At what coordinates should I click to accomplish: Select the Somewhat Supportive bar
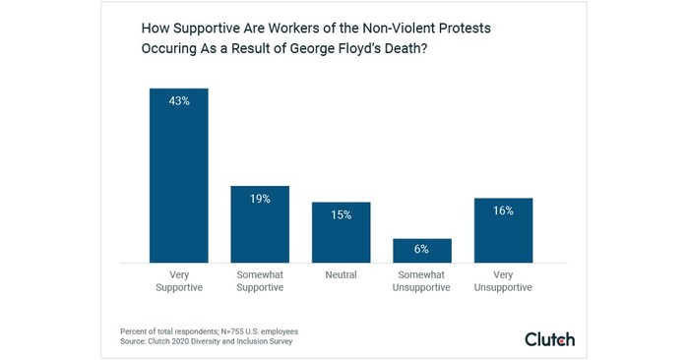[260, 224]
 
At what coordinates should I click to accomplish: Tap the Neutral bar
[341, 233]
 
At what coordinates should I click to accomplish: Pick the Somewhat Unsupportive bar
[422, 251]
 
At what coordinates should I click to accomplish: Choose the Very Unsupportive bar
[503, 230]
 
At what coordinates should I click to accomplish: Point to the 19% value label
[260, 198]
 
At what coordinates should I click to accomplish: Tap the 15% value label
[341, 214]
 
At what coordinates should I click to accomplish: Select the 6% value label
[422, 250]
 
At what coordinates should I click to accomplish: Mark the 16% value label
[503, 210]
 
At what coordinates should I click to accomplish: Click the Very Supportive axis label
[178, 281]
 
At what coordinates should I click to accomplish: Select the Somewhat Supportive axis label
[260, 281]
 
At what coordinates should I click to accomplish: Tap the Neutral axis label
[341, 275]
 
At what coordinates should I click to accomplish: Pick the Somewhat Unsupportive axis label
[422, 281]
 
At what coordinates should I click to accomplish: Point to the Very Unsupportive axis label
[503, 281]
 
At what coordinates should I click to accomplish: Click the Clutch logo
[549, 339]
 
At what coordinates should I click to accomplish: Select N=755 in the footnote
[216, 331]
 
